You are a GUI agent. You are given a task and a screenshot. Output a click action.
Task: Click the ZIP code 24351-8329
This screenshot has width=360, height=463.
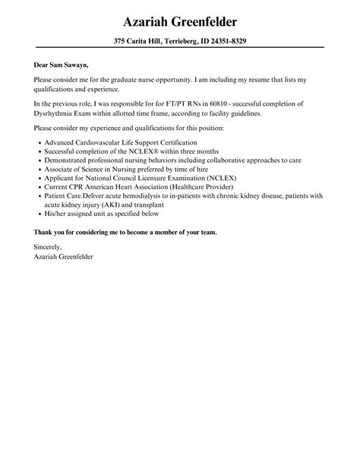(224, 41)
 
